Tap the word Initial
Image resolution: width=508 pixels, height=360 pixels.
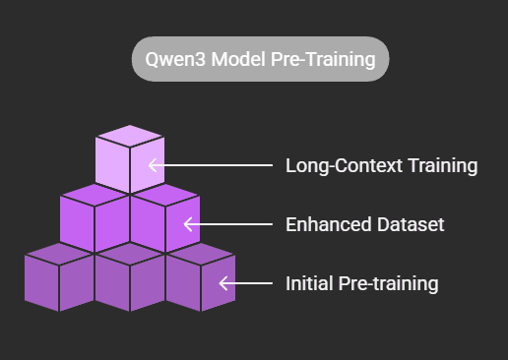click(x=308, y=284)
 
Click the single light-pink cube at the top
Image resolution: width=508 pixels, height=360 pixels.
click(x=129, y=161)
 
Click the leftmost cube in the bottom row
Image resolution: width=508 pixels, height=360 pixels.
click(x=59, y=279)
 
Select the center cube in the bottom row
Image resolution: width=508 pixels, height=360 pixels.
click(x=129, y=279)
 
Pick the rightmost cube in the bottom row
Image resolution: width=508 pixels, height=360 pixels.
click(x=200, y=279)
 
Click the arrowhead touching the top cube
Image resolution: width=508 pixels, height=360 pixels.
click(x=152, y=165)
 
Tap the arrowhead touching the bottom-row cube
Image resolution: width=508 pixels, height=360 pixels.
click(x=223, y=284)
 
